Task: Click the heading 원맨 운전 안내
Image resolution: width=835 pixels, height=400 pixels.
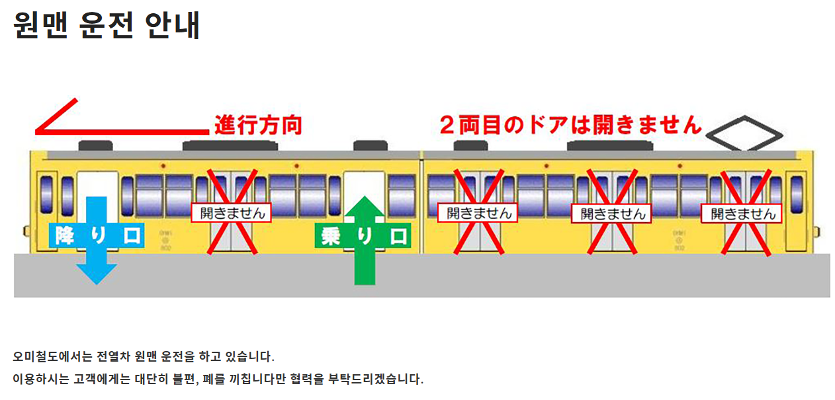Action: point(106,25)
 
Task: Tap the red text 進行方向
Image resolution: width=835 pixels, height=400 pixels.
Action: point(258,124)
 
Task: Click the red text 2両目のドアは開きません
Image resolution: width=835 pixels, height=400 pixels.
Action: point(570,124)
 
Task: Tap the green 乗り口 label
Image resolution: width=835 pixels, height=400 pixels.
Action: point(363,235)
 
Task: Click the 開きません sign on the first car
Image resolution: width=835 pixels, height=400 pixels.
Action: point(232,212)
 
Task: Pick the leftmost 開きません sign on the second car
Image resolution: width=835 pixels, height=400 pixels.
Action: point(478,212)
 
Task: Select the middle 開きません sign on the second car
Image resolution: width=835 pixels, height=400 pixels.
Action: point(611,213)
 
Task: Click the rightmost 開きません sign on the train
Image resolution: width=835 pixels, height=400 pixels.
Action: point(742,213)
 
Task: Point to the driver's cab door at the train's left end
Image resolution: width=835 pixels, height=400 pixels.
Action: point(47,202)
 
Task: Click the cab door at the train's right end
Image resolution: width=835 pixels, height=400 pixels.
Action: point(796,202)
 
